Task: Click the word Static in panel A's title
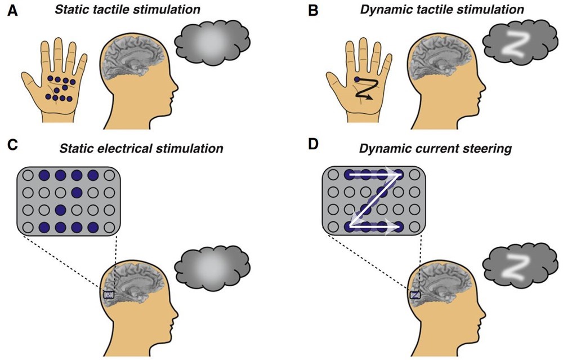point(82,10)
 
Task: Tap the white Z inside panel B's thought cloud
point(513,46)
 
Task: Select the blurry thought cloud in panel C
point(211,265)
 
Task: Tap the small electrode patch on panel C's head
point(109,294)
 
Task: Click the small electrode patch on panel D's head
point(415,294)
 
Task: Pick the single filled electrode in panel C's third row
point(60,211)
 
